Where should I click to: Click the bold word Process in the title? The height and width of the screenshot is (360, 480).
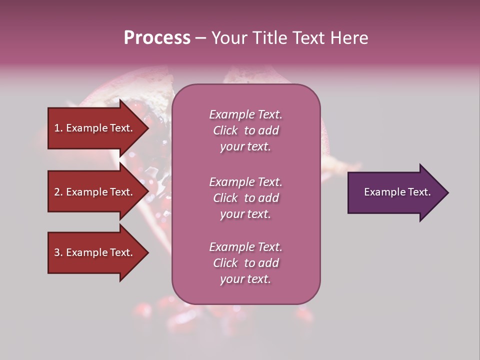click(157, 38)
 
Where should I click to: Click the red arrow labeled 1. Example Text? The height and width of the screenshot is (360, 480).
click(95, 128)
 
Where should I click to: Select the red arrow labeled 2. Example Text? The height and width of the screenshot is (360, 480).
click(95, 192)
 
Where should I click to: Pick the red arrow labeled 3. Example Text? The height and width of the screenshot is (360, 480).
click(95, 252)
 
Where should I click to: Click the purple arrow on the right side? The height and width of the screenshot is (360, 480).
click(395, 192)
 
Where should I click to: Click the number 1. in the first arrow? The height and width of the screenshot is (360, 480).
click(58, 128)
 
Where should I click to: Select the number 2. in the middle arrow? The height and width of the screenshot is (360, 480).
click(58, 192)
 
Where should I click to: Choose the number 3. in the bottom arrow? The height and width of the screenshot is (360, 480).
click(58, 252)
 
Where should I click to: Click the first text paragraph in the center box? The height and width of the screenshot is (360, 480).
click(245, 130)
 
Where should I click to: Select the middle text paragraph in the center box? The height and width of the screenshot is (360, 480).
click(245, 198)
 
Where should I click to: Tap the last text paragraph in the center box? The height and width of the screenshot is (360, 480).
click(245, 263)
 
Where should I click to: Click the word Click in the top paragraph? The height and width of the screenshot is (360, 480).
click(225, 130)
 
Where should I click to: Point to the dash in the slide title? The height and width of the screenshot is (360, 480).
click(200, 38)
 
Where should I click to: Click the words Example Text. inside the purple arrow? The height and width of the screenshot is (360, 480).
click(397, 192)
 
